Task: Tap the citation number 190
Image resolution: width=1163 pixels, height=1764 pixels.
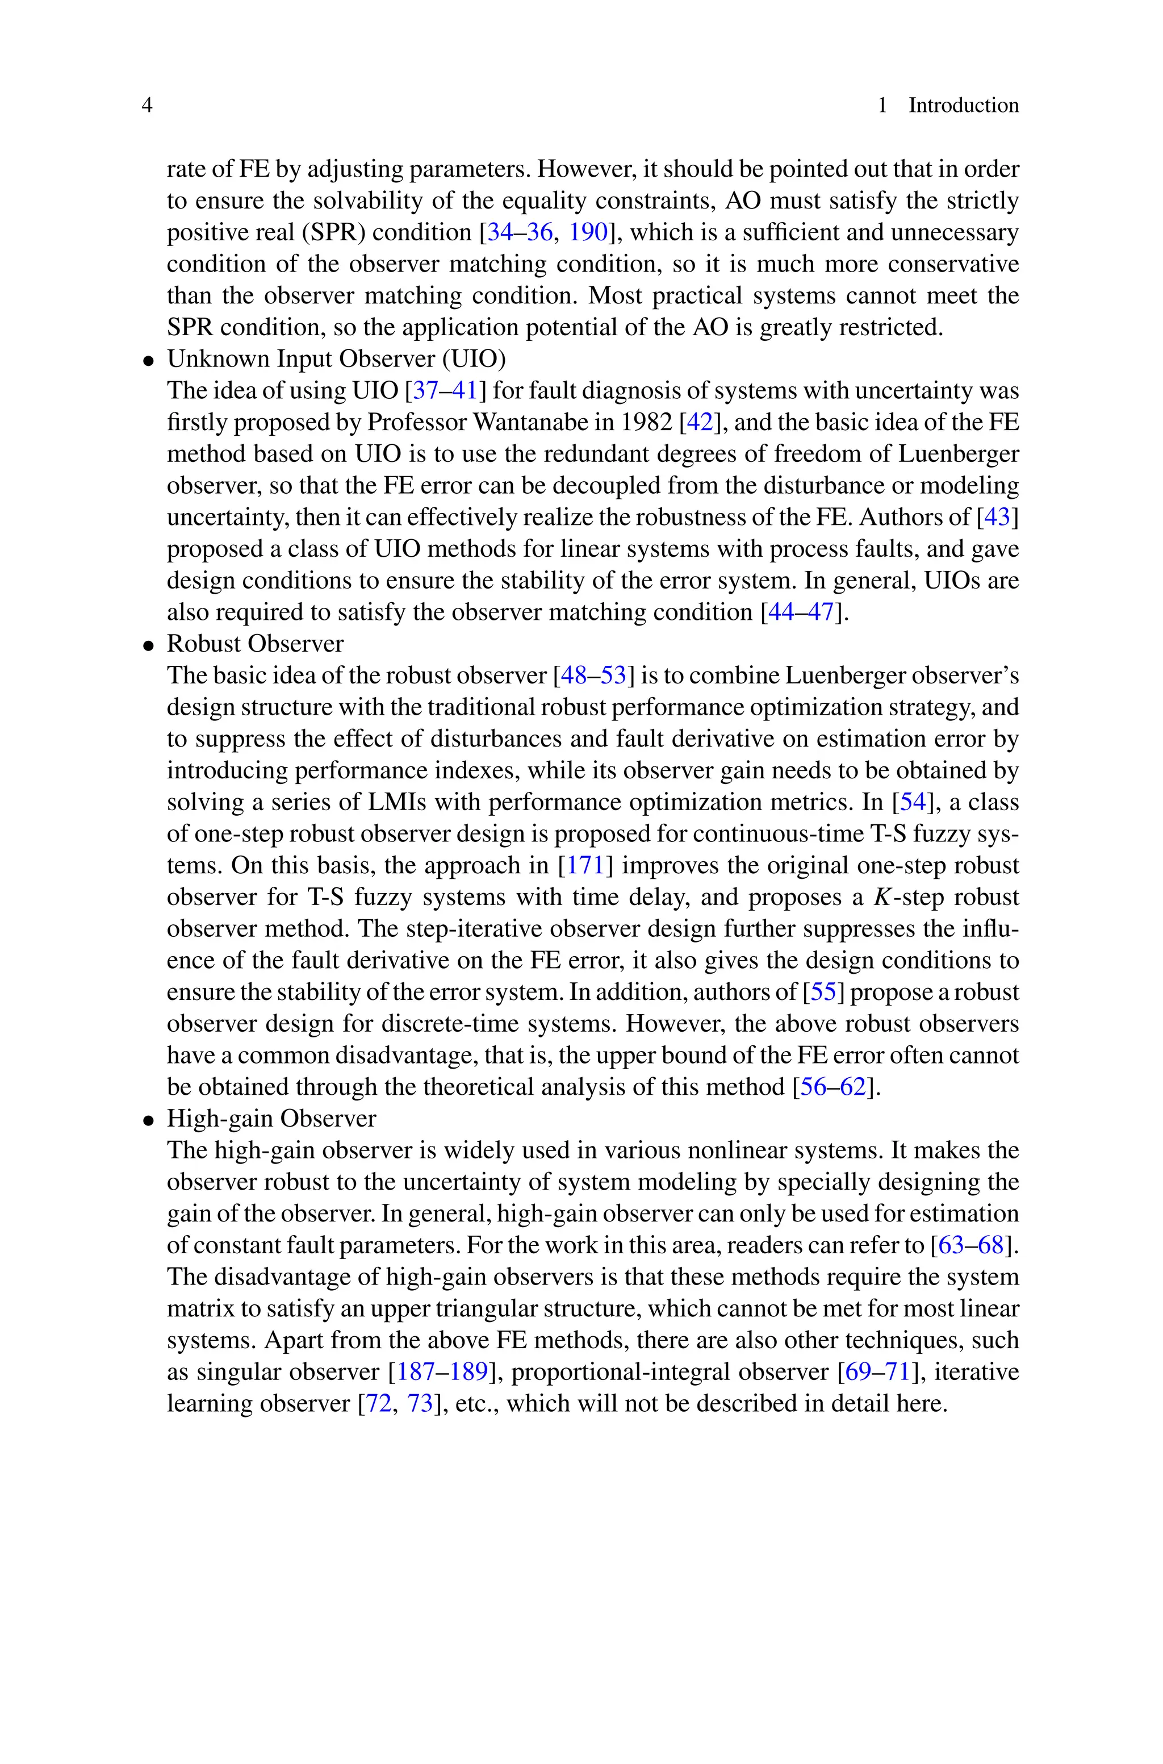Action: [x=588, y=233]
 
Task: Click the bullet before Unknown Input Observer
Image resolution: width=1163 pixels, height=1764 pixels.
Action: [x=149, y=361]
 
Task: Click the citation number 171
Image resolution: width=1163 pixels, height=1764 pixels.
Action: [x=585, y=866]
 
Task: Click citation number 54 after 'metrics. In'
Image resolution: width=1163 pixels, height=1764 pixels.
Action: [x=913, y=803]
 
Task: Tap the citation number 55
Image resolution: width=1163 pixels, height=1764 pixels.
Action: [x=823, y=992]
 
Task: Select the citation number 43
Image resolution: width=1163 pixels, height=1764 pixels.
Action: [x=998, y=518]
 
